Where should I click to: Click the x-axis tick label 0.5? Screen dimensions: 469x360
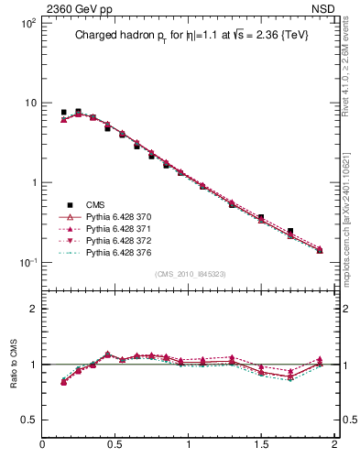(x=115, y=445)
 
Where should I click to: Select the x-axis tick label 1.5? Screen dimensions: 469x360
(x=261, y=445)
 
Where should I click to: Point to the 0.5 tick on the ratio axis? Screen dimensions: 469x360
(x=28, y=420)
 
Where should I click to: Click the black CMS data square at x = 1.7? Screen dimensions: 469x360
(x=290, y=232)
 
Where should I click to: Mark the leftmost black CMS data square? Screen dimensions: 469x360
(x=63, y=113)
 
